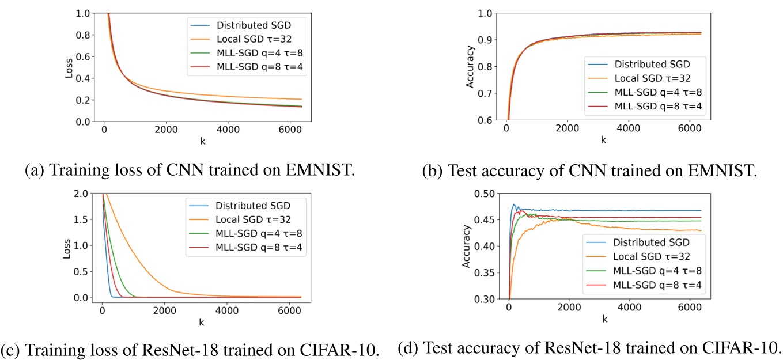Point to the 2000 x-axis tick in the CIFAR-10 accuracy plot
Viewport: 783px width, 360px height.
tap(569, 310)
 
